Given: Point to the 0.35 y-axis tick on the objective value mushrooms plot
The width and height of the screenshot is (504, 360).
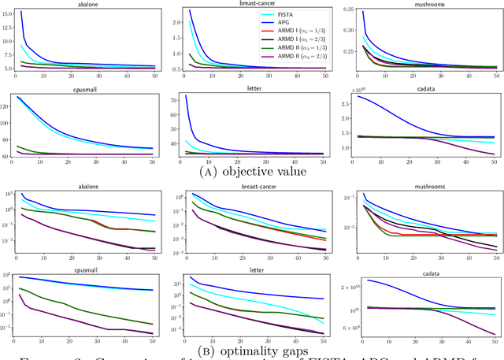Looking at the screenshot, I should tap(343, 12).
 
